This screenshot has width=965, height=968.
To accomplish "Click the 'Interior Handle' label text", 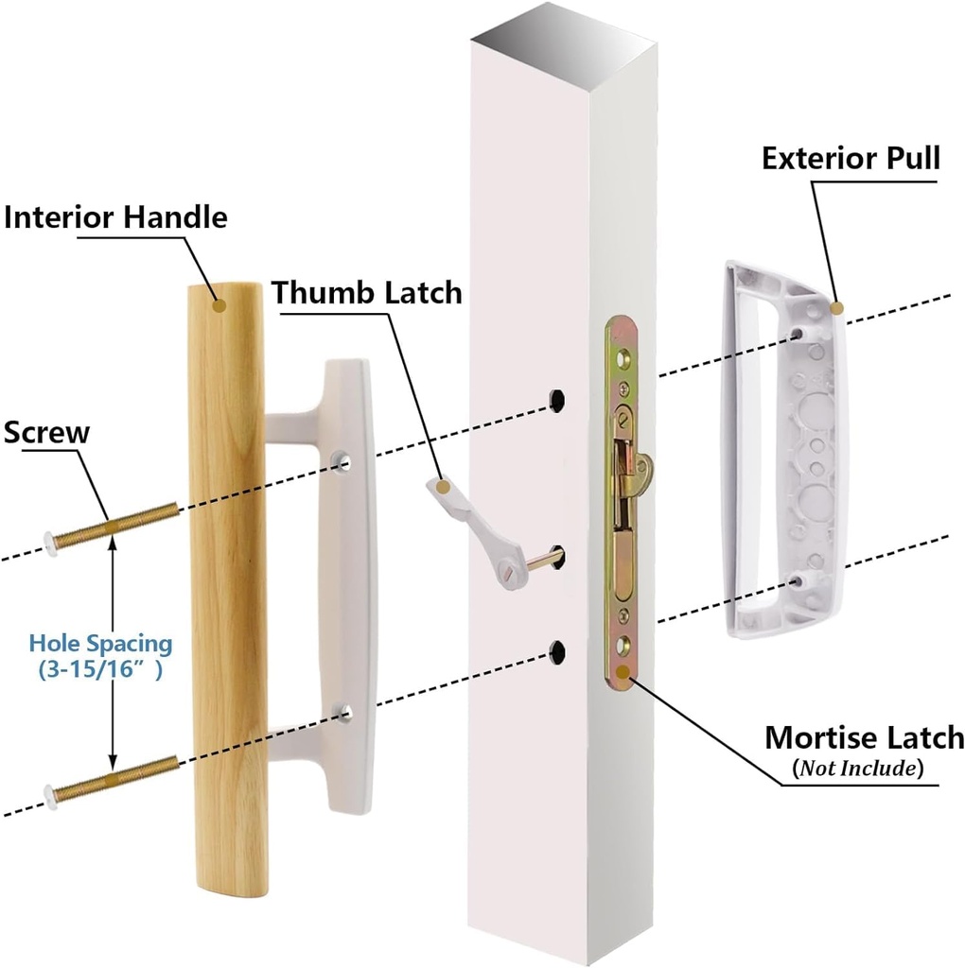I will tap(116, 217).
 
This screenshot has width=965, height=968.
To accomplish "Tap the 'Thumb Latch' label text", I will tap(367, 292).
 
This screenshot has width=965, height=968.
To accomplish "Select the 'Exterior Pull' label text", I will tap(851, 158).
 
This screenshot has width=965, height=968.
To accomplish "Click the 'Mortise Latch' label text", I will tap(864, 737).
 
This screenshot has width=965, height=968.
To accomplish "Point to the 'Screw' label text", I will tap(46, 433).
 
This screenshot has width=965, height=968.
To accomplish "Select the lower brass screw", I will tap(114, 776).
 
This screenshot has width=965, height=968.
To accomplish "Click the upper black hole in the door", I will tap(557, 399).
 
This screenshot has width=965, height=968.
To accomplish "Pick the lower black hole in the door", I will tap(557, 649).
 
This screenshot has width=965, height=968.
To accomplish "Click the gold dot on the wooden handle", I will tap(219, 304).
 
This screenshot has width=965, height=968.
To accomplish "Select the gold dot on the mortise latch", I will tap(622, 674).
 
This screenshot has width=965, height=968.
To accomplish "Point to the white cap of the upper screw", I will tap(48, 543).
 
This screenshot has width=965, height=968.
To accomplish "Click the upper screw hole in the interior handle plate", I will tap(341, 460).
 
